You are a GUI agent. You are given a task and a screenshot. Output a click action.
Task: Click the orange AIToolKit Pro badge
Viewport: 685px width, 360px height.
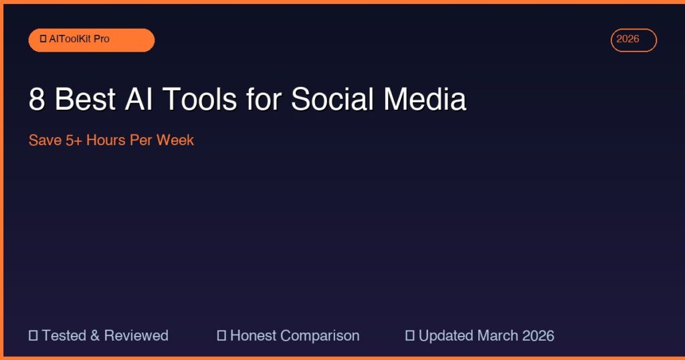coord(91,39)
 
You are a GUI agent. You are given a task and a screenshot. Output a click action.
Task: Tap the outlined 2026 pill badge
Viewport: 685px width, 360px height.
coord(633,39)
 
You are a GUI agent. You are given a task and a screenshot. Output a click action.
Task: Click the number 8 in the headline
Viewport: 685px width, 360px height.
coord(36,100)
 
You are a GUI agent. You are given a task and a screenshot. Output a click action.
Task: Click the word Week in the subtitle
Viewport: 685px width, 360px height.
coord(175,141)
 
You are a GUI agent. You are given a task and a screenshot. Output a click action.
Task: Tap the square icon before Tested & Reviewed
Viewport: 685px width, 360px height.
coord(33,335)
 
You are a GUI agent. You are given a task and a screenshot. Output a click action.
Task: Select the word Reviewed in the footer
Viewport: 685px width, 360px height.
coord(136,335)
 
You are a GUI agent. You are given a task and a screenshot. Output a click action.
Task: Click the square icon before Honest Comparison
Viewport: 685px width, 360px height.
coord(221,335)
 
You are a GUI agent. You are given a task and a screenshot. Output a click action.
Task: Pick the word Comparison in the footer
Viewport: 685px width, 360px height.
coord(320,335)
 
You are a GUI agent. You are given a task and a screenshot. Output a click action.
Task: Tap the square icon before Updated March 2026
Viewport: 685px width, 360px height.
coord(410,335)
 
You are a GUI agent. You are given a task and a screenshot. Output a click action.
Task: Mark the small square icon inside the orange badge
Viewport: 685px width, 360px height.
coord(43,39)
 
